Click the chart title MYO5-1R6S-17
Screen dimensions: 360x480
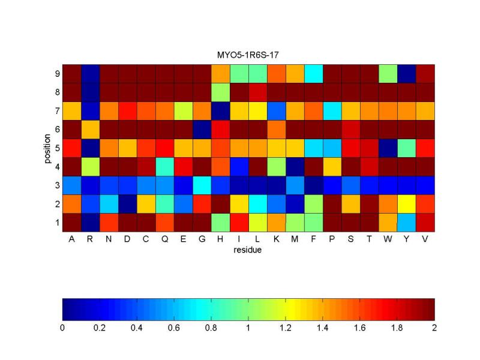248,55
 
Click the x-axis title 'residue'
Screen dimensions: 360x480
248,250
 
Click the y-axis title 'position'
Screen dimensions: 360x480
46,148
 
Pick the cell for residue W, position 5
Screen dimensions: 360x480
388,148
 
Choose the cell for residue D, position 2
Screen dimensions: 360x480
128,203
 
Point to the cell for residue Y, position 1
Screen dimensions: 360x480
406,222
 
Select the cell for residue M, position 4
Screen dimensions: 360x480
295,166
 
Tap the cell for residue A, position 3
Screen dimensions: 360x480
72,185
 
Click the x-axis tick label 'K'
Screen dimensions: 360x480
276,239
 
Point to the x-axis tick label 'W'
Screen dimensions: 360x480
388,239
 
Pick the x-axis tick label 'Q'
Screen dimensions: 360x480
165,239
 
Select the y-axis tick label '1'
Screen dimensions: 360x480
57,223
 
